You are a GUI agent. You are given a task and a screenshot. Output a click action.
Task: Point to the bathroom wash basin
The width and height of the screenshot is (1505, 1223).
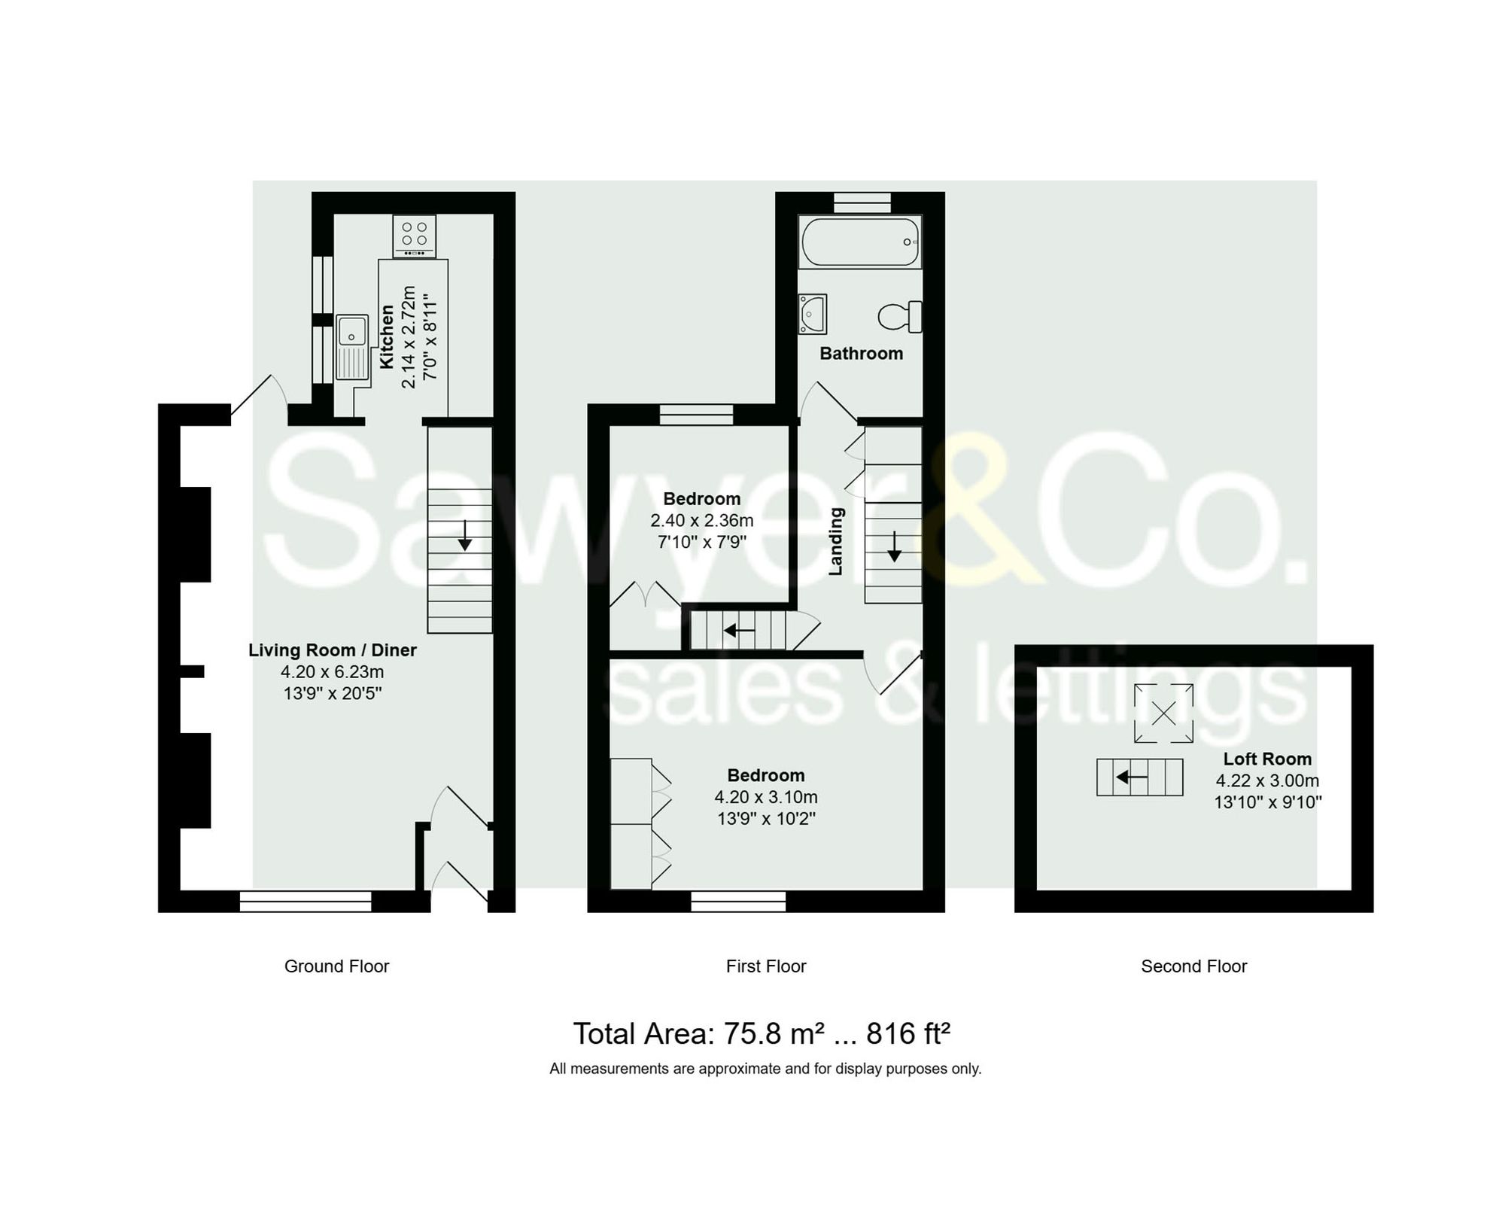pos(813,314)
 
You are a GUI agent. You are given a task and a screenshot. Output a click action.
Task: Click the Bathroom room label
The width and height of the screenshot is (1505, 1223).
pos(861,353)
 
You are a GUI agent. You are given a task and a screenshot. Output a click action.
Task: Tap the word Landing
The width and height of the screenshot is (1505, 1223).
pos(836,541)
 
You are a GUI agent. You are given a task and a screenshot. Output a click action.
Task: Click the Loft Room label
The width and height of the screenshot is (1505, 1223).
pos(1266,759)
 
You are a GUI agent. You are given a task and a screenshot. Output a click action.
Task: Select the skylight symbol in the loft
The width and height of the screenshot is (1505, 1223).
pos(1163,713)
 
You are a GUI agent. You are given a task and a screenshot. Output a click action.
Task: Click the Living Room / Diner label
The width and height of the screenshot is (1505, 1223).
pos(332,650)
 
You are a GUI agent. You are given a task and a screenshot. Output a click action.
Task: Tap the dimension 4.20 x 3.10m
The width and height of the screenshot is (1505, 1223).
pos(765,796)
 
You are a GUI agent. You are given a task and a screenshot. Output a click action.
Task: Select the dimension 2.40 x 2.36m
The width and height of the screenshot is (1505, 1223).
pos(701,520)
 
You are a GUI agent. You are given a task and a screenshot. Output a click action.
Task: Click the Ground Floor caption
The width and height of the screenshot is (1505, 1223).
pos(336,966)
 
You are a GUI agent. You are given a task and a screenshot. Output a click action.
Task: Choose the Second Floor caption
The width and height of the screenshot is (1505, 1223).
pos(1193,966)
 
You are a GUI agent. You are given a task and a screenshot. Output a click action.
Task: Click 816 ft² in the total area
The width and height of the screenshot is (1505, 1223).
pos(908,1033)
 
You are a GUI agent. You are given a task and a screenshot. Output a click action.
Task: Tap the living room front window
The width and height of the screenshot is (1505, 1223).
pos(306,901)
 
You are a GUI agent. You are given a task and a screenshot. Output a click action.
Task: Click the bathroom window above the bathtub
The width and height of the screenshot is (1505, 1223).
pos(862,202)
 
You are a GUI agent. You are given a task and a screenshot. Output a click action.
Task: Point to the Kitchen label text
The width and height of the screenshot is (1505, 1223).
pos(387,336)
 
